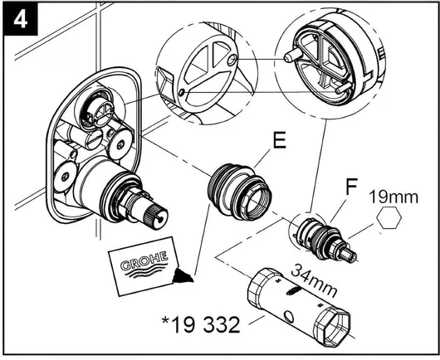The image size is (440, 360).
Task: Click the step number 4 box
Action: pyautogui.click(x=20, y=19)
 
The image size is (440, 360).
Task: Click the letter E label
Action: pyautogui.click(x=280, y=141)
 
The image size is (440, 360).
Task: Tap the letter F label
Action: pyautogui.click(x=351, y=187)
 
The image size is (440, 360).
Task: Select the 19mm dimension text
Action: pyautogui.click(x=394, y=197)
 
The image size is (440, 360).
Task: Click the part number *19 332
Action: pyautogui.click(x=201, y=324)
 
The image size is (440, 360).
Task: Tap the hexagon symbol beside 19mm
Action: pyautogui.click(x=389, y=217)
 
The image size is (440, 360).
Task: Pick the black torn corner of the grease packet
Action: pyautogui.click(x=182, y=275)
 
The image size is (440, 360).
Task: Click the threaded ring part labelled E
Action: pyautogui.click(x=239, y=192)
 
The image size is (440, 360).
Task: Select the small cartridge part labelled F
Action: pyautogui.click(x=325, y=239)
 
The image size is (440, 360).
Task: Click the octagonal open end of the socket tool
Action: pyautogui.click(x=335, y=326)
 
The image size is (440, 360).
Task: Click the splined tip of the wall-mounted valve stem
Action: pyautogui.click(x=155, y=216)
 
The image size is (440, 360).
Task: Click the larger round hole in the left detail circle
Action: pyautogui.click(x=232, y=61)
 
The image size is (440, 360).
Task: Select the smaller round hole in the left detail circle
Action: pyautogui.click(x=182, y=91)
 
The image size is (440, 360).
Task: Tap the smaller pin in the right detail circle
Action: pyautogui.click(x=342, y=89)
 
